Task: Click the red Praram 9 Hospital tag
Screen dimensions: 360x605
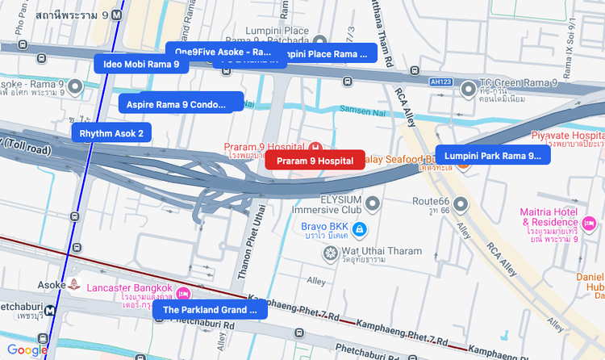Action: [x=315, y=161]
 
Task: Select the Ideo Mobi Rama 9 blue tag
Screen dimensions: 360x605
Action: [x=141, y=64]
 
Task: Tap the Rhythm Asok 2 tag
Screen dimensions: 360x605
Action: [x=111, y=133]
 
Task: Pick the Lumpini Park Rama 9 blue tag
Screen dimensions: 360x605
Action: [x=493, y=156]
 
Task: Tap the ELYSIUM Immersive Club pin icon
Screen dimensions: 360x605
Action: [x=373, y=203]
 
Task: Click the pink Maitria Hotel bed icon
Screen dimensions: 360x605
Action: [x=589, y=222]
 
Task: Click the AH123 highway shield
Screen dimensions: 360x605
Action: [x=440, y=82]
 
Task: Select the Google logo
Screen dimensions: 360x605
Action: [x=27, y=350]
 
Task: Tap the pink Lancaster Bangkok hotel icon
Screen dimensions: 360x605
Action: [x=183, y=294]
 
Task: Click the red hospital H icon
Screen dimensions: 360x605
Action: [x=315, y=147]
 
